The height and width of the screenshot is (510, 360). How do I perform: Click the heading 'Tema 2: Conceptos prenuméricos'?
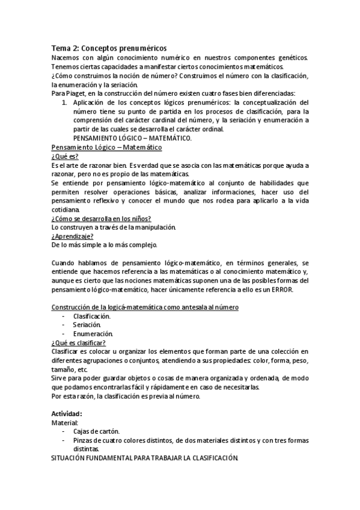(109, 48)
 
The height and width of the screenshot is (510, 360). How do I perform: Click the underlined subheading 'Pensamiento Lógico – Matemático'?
(106, 147)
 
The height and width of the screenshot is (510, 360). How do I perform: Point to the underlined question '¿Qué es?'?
(65, 156)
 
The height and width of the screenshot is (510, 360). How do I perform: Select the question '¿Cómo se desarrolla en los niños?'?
(100, 218)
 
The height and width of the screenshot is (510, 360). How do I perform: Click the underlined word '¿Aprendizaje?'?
(72, 236)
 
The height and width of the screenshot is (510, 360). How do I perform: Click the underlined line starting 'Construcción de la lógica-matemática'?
(145, 307)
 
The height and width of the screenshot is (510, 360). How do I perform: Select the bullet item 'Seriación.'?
(87, 325)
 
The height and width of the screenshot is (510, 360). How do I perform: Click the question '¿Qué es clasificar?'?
(79, 343)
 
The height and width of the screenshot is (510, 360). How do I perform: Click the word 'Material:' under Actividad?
(66, 423)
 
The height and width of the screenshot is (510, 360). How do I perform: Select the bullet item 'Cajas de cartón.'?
(96, 432)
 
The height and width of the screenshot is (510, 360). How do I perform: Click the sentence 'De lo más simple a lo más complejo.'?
(104, 245)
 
